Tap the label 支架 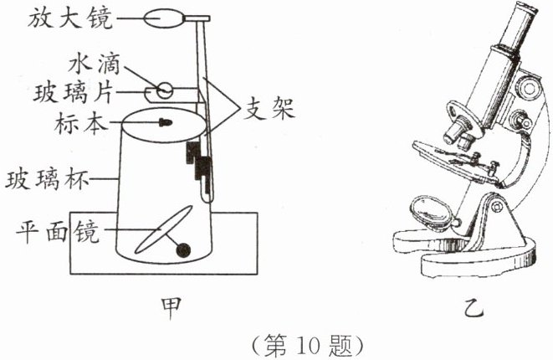267,109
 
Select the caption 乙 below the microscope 474,309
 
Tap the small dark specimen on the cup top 164,123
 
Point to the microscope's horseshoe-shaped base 469,255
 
